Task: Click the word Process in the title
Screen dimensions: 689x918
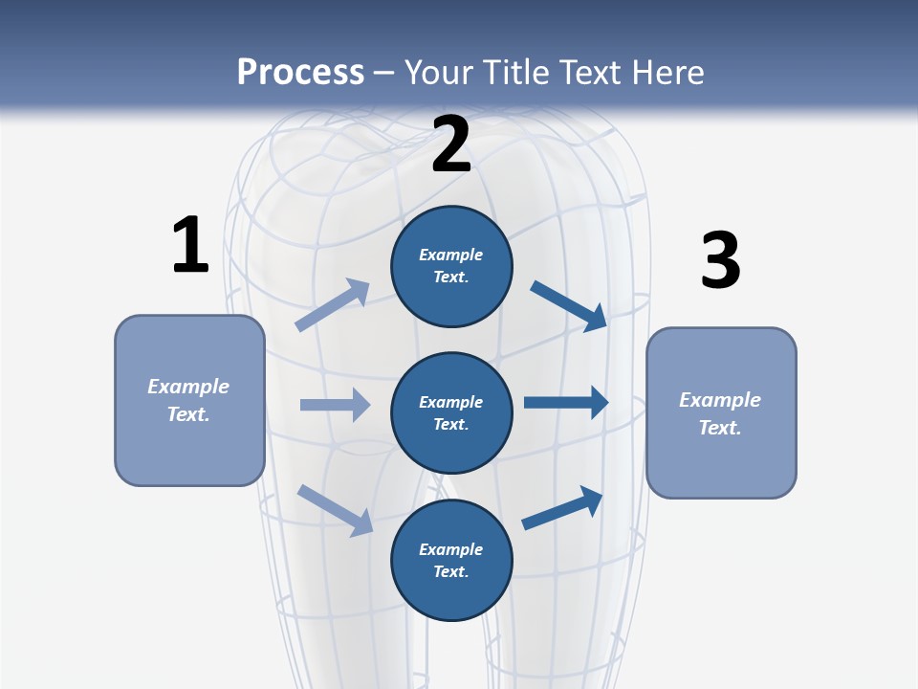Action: coord(300,73)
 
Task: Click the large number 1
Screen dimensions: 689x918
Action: coord(190,245)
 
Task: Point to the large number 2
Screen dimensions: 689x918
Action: coord(451,144)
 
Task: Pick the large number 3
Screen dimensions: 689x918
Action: coord(720,261)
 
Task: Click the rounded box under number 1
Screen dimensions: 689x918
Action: coord(189,400)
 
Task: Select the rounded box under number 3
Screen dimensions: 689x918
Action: coord(721,412)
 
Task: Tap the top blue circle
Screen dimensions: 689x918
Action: coord(451,266)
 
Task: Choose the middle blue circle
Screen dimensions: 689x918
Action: coord(451,412)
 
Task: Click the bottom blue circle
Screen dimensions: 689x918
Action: coord(451,560)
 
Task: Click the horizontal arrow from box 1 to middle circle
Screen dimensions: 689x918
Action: coord(335,405)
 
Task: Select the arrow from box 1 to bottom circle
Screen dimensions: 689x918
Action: coord(335,509)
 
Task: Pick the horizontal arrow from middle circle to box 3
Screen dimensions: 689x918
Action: coord(566,403)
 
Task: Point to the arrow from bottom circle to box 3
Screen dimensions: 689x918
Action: coord(562,508)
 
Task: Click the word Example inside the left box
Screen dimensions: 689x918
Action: coord(188,387)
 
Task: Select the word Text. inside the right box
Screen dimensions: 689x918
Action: coord(720,428)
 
